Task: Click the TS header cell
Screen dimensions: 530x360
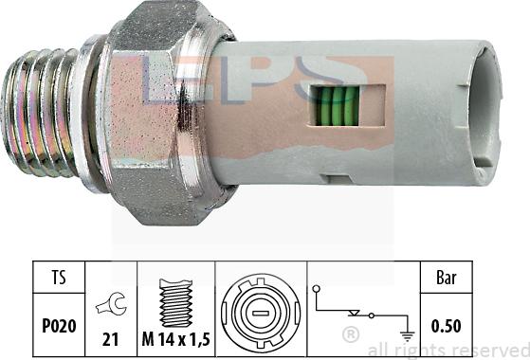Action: pos(59,277)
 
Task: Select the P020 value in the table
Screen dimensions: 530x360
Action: pos(59,326)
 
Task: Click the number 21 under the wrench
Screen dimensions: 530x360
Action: pos(111,339)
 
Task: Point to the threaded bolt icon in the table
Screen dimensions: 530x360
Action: pos(175,303)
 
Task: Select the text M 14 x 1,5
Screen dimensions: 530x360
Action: pos(175,339)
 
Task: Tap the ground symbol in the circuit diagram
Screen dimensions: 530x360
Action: pos(407,336)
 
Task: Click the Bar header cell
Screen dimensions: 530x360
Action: pos(447,278)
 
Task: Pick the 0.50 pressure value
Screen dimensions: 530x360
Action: pos(446,326)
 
